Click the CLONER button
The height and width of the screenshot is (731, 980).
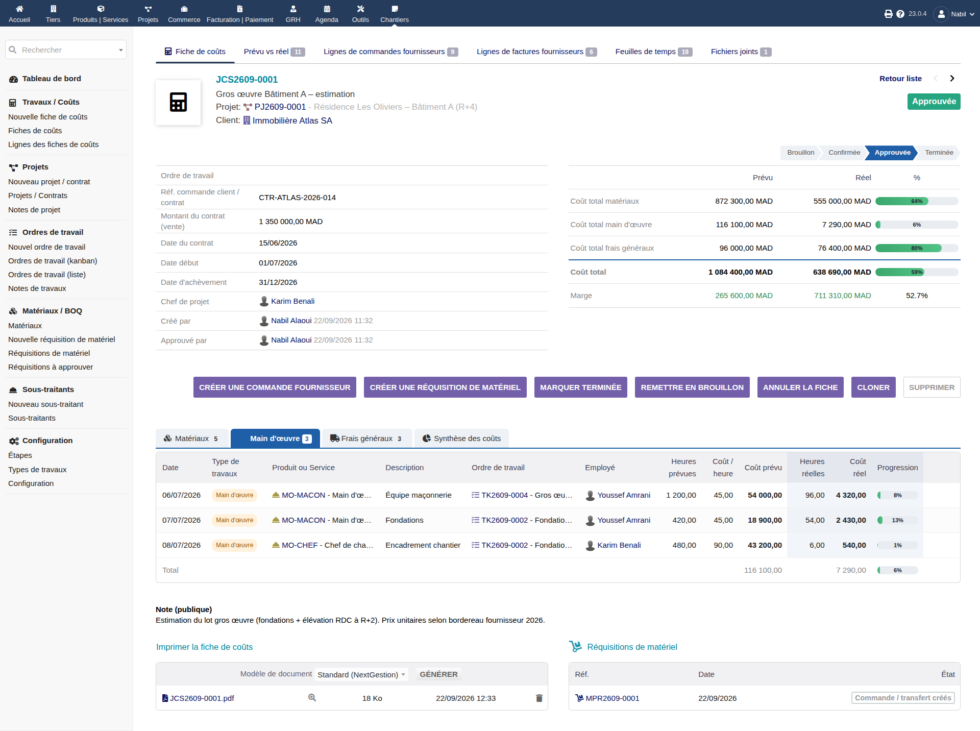coord(873,387)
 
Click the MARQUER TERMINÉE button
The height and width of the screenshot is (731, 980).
coord(580,387)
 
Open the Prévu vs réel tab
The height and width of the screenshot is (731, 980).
coord(274,52)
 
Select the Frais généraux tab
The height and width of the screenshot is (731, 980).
coord(366,438)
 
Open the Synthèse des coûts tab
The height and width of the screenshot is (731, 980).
coord(461,438)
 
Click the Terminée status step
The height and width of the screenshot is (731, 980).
coord(939,153)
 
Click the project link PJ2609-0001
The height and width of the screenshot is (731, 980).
coord(280,107)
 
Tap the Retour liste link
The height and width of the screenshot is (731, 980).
coord(900,79)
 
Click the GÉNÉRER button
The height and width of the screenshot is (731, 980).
coord(438,674)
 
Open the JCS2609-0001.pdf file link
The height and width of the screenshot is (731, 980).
coord(202,698)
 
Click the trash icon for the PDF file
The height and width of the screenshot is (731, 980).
coord(539,698)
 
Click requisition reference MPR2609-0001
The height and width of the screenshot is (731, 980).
coord(612,698)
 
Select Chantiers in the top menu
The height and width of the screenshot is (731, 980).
coord(395,14)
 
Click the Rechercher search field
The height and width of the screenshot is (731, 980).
coord(66,50)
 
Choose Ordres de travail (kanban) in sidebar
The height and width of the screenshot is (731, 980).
coord(53,261)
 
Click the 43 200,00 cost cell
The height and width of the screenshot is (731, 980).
coord(765,545)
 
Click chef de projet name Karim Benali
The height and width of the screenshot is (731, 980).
coord(292,301)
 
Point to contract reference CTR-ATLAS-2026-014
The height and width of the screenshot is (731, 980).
coord(297,198)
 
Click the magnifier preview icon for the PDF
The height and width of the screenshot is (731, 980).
coord(312,698)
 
